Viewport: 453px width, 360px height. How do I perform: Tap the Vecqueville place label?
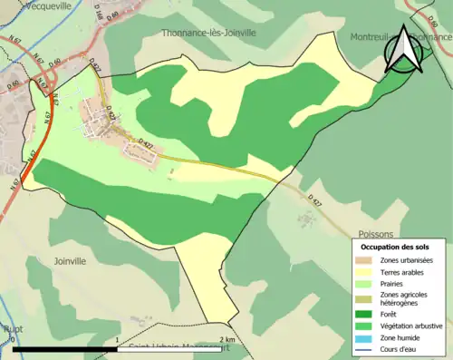point(26,4)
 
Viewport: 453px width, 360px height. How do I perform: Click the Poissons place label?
point(375,232)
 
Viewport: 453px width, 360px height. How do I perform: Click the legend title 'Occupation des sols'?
point(395,247)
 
